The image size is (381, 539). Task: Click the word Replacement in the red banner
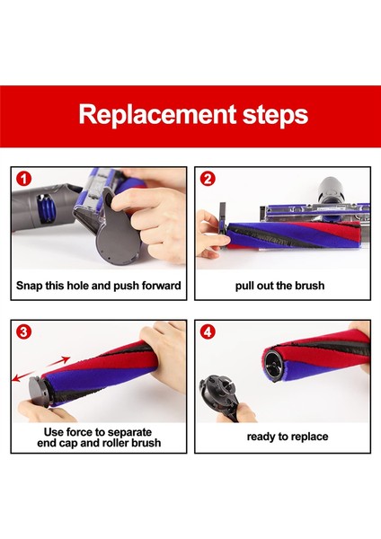(157, 115)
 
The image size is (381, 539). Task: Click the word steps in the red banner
(276, 115)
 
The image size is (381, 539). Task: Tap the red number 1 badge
(23, 179)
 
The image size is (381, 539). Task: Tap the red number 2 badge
(208, 179)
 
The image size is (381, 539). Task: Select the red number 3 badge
(23, 332)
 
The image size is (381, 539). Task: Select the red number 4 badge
(208, 332)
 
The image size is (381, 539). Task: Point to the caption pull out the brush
(279, 286)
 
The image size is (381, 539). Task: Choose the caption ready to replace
(288, 437)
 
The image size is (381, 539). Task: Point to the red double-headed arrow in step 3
(40, 369)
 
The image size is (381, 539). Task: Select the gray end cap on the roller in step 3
(40, 391)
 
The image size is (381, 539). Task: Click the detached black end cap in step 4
(219, 395)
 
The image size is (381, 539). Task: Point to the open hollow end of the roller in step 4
(276, 366)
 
